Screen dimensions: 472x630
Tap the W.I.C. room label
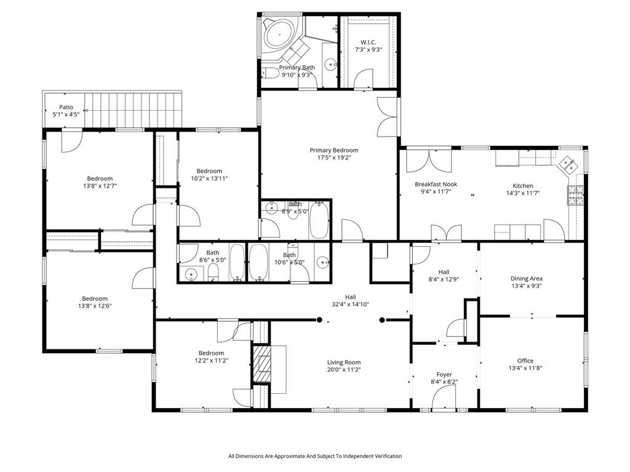point(367,42)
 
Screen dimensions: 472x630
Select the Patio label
point(66,107)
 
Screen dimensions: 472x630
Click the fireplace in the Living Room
point(263,369)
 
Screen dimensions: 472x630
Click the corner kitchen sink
point(567,164)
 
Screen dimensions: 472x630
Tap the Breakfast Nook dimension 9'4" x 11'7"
point(433,191)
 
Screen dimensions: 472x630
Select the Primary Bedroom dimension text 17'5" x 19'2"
point(333,158)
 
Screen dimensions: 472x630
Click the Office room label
point(525,361)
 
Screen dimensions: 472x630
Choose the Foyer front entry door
point(444,400)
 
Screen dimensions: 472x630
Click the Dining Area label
point(526,278)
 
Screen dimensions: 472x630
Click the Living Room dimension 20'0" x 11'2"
point(343,370)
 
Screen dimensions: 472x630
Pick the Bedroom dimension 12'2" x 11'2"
point(211,361)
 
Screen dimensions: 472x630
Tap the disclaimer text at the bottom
point(314,456)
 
